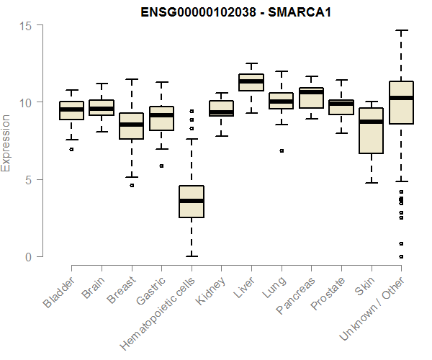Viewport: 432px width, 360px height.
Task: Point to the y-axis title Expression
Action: tap(7, 143)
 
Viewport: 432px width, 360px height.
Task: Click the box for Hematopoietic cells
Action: tap(191, 202)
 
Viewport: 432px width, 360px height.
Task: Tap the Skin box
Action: tap(371, 130)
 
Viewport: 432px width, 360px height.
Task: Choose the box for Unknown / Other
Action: tap(400, 102)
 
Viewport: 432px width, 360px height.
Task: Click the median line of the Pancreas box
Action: tap(311, 92)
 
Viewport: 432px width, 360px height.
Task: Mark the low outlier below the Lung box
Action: tap(282, 150)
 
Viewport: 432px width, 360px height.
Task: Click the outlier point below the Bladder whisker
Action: tap(71, 149)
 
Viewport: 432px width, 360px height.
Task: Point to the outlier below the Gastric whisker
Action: tap(161, 166)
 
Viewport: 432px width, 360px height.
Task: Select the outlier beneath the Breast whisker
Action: tap(131, 185)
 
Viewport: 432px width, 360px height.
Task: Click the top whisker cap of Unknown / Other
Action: tap(400, 31)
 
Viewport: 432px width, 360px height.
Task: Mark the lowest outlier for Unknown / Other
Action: tap(401, 256)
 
